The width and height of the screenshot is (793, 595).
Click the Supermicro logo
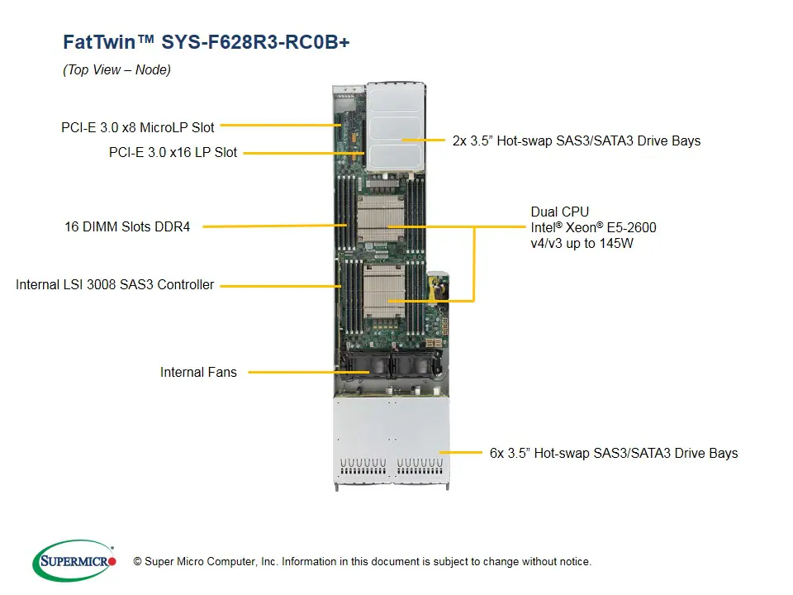coord(74,562)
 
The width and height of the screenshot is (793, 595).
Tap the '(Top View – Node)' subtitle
coord(116,70)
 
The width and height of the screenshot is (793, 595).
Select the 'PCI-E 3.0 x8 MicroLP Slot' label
coord(137,127)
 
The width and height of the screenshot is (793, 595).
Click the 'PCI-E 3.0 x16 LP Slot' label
coord(173,152)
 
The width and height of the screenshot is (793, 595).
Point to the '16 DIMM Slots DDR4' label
coord(127,226)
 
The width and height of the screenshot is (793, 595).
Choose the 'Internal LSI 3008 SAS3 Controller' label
coord(115,284)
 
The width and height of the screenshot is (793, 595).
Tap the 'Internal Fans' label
coord(198,372)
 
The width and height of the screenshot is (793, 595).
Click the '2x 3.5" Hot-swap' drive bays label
coord(576,140)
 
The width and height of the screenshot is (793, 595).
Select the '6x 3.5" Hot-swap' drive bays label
coord(613,453)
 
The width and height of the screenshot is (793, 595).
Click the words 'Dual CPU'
coord(560,212)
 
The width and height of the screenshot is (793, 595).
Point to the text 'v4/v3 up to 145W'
coord(582,243)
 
